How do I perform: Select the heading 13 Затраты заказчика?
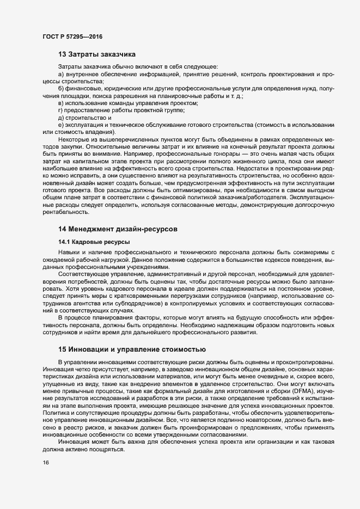pyautogui.click(x=96, y=54)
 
